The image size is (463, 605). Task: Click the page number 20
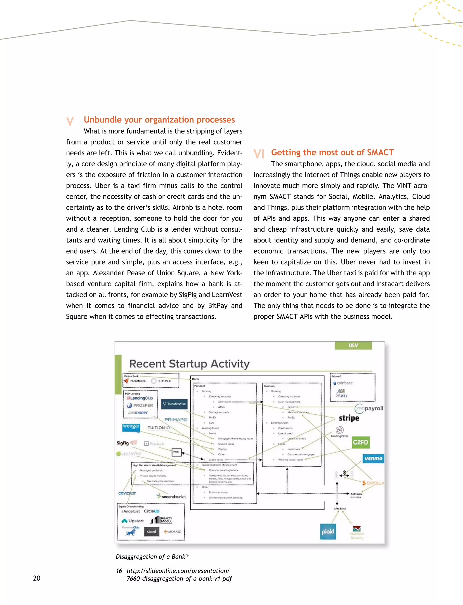37,578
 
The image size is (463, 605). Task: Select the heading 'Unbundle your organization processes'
159,120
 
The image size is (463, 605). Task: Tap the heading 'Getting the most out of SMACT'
332,152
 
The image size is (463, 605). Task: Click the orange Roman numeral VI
259,154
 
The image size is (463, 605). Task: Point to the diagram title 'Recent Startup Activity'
189,364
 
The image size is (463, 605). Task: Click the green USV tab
353,346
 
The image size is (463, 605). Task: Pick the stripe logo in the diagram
349,418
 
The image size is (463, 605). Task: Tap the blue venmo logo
373,459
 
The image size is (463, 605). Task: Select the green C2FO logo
361,442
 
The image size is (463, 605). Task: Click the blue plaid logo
328,531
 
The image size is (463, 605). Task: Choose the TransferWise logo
175,404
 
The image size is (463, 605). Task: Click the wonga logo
131,427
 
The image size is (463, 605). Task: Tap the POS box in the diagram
176,452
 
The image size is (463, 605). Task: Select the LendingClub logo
140,398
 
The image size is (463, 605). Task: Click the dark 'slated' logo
151,532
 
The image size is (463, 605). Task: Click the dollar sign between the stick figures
345,473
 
